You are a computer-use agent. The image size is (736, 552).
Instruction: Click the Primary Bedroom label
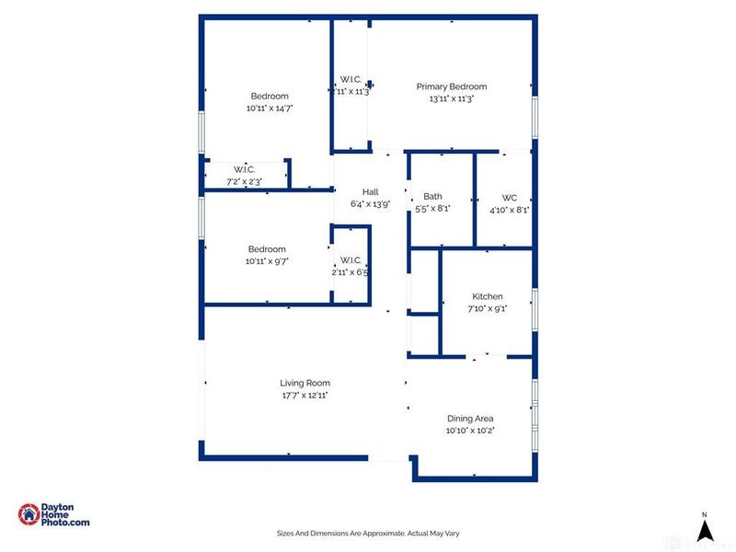tap(457, 86)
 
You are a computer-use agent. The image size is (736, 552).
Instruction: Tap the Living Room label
tap(305, 383)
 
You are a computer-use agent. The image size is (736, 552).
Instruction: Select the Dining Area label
tap(470, 419)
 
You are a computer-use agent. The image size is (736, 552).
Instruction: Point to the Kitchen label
tap(488, 296)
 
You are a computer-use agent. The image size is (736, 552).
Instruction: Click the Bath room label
tap(432, 197)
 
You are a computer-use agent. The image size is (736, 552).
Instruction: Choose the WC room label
tap(510, 197)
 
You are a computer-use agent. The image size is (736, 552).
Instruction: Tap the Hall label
tap(370, 192)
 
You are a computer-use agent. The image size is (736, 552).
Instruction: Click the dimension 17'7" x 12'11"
tap(305, 395)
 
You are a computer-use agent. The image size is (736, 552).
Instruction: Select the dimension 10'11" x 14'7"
tap(270, 108)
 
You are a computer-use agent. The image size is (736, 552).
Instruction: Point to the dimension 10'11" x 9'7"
tap(267, 261)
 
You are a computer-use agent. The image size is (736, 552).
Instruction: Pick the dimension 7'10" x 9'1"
tap(488, 308)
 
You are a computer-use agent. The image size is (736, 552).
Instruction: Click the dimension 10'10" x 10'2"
tap(470, 431)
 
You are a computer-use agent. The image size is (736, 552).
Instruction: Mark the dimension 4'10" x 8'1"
tap(510, 209)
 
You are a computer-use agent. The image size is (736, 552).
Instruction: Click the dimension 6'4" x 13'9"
tap(370, 204)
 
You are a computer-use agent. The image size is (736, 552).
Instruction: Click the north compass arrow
tap(704, 529)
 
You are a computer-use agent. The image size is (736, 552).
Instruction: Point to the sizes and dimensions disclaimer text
tap(368, 533)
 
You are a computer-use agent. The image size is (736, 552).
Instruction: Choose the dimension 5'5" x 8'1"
tap(432, 209)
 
